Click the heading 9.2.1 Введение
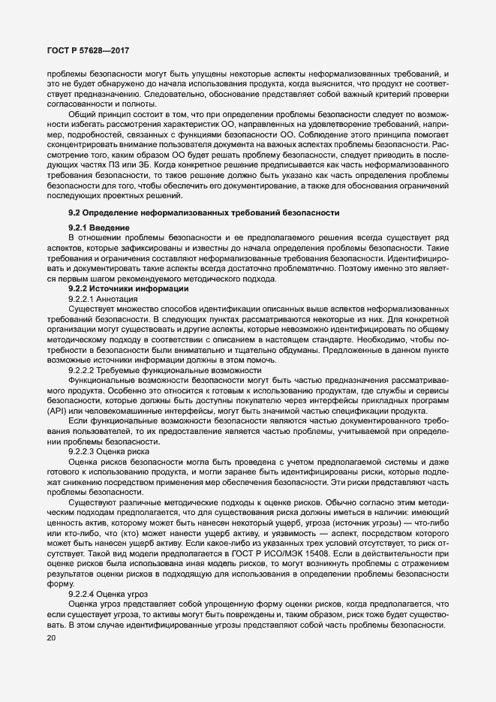pos(99,227)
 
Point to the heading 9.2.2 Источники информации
pos(123,289)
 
